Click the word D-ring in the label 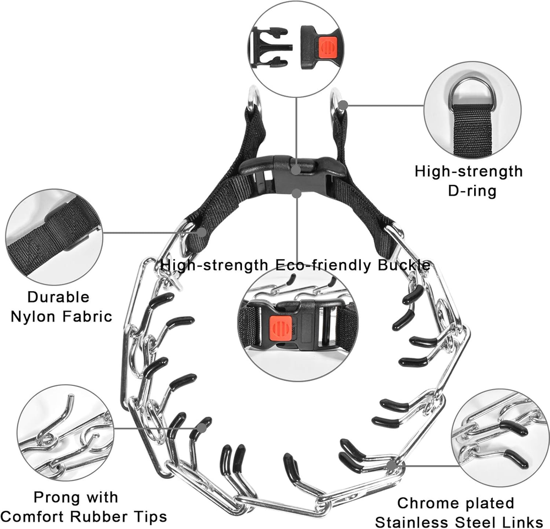click(x=469, y=191)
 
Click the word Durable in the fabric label click(x=58, y=298)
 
